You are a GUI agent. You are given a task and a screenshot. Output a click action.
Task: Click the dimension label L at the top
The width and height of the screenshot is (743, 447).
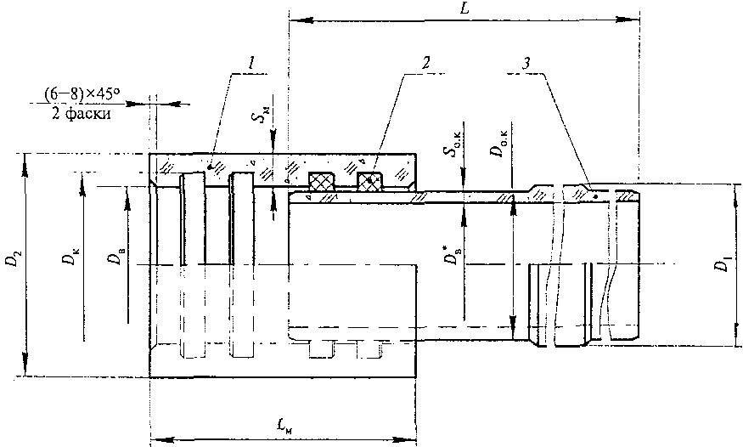[464, 9]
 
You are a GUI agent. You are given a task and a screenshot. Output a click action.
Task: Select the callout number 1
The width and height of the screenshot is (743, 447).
[252, 62]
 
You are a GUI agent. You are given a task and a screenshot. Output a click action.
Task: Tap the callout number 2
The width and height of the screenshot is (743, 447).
[426, 62]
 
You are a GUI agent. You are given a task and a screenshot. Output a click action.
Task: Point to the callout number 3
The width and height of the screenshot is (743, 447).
[526, 64]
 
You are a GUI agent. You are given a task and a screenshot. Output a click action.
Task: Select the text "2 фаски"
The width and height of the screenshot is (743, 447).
[81, 114]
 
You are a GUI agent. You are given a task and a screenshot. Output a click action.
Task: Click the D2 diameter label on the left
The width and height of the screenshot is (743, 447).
[16, 260]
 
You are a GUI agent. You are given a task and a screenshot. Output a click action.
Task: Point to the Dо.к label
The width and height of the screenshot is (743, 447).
[498, 144]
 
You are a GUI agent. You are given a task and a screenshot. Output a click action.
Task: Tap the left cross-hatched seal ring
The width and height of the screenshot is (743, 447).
[322, 181]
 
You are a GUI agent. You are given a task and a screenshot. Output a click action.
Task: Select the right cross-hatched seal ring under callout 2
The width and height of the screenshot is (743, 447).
[369, 183]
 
